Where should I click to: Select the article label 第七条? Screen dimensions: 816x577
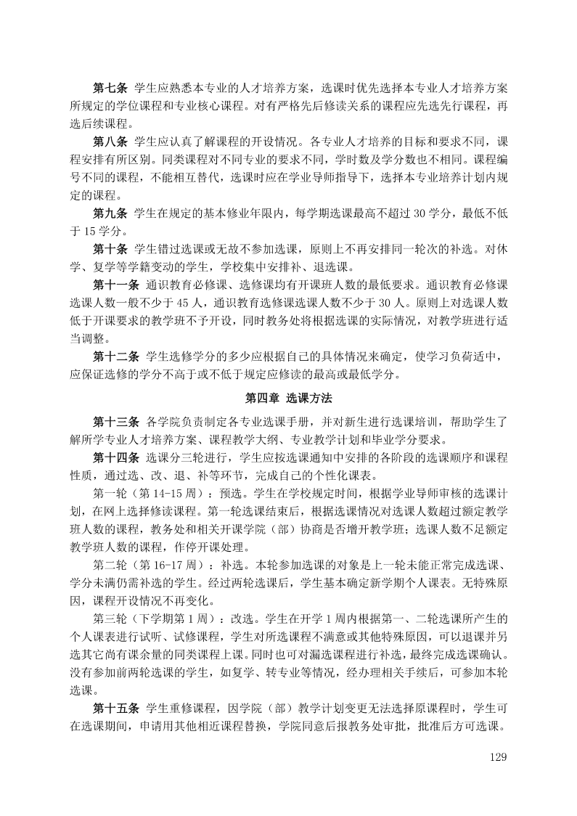(110, 89)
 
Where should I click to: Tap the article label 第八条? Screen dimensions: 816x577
(110, 141)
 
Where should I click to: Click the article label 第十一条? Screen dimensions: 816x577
(116, 285)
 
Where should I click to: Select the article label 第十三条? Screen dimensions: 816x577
(116, 421)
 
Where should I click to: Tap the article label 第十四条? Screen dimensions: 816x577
(116, 457)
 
